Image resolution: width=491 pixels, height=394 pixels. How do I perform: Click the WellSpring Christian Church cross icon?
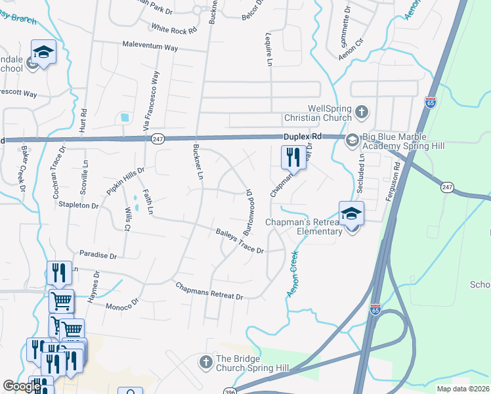[362, 112]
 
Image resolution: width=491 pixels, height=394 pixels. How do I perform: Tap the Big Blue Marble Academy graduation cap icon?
[351, 139]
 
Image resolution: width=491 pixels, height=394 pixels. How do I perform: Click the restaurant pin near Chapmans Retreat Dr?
[293, 157]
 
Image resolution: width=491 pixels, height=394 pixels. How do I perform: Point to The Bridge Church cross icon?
[205, 362]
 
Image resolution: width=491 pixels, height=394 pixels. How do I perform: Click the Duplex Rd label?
[303, 136]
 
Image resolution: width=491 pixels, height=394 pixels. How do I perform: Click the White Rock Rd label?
[173, 29]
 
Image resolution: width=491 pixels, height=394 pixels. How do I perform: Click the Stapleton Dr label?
[78, 206]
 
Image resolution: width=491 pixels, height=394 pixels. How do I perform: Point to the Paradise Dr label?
[98, 254]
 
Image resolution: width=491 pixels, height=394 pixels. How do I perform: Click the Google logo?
[22, 386]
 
